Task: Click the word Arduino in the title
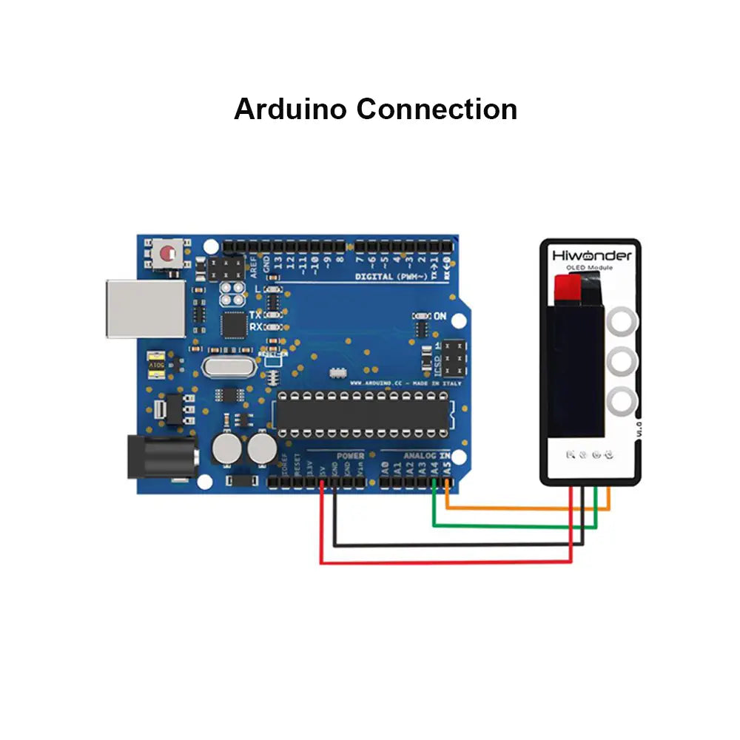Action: tap(291, 109)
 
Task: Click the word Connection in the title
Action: tap(437, 109)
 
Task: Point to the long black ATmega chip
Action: tap(363, 414)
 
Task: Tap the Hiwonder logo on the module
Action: tap(592, 255)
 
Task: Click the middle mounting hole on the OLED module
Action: tap(622, 362)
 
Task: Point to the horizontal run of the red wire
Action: tap(444, 562)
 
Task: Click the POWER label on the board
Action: tap(350, 456)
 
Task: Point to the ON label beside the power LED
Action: tap(440, 317)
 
